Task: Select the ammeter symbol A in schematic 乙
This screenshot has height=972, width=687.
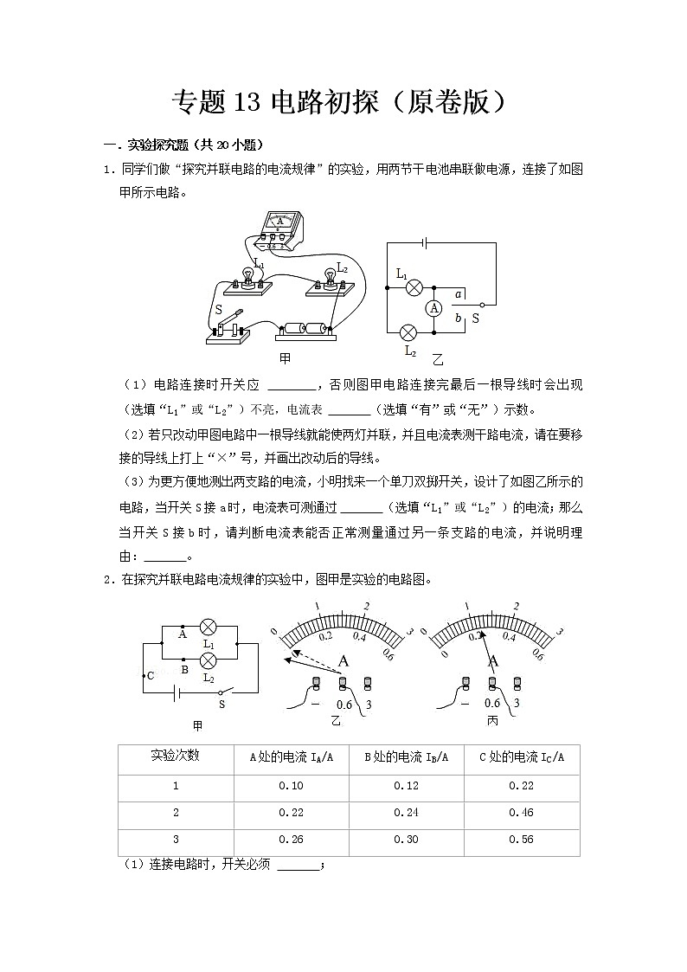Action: tap(434, 308)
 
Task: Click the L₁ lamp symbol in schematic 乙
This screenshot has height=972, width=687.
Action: tap(414, 286)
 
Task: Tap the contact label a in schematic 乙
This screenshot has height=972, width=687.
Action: tap(459, 294)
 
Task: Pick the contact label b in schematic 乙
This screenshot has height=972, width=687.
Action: tap(459, 319)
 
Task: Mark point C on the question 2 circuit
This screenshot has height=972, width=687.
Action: tap(150, 675)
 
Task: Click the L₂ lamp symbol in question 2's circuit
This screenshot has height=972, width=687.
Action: tap(208, 661)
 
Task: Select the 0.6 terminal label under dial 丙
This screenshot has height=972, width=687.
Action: tap(492, 703)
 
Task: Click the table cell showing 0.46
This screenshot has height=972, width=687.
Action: tap(521, 813)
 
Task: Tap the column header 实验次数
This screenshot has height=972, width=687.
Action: tap(176, 756)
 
